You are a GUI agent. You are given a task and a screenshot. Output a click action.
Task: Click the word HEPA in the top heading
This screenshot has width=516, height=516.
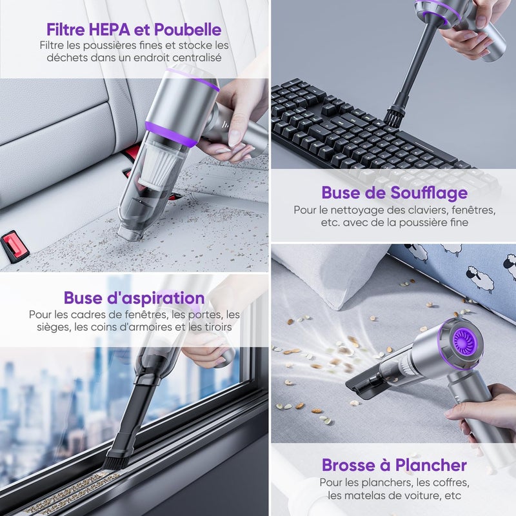pyautogui.click(x=110, y=30)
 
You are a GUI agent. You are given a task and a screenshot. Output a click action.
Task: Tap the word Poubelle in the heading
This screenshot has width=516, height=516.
pyautogui.click(x=188, y=30)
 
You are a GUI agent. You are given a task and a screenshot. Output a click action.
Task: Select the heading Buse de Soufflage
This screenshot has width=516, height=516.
pyautogui.click(x=394, y=193)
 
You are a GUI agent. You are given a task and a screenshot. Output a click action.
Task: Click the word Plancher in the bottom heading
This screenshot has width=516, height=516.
pyautogui.click(x=431, y=465)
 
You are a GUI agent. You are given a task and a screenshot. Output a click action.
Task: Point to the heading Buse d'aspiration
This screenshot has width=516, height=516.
pyautogui.click(x=134, y=298)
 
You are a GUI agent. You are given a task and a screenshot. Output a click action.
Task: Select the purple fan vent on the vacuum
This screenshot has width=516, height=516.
pyautogui.click(x=464, y=343)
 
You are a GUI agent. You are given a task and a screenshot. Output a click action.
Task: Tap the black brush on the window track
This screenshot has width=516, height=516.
pyautogui.click(x=114, y=457)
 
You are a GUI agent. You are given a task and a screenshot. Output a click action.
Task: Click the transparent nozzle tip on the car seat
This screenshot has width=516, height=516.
pyautogui.click(x=130, y=233)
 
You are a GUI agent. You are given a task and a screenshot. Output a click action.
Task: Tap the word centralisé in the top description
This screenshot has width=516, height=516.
pyautogui.click(x=197, y=57)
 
